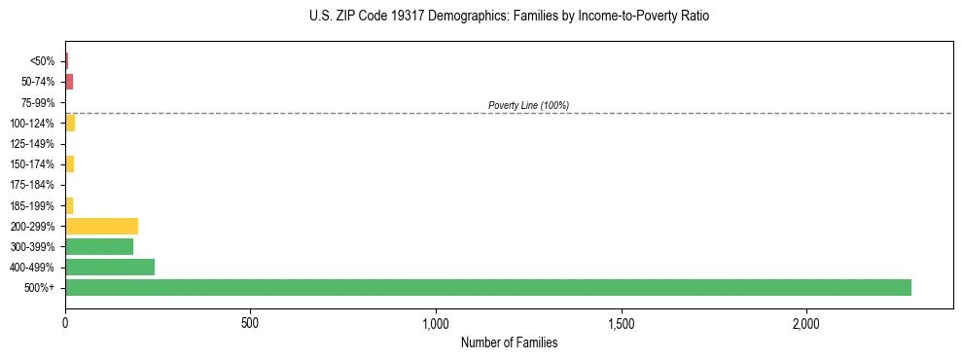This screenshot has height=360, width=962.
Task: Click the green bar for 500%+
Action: (488, 287)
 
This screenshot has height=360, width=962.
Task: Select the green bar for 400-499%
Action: (110, 267)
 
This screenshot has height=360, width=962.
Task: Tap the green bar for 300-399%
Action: (99, 246)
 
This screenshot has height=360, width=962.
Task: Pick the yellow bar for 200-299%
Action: (101, 226)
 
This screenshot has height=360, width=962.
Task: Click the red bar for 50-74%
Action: (69, 82)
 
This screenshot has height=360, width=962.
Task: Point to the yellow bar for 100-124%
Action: (70, 123)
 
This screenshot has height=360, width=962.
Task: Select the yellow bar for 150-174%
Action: (69, 164)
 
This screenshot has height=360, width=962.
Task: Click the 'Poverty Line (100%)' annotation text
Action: (528, 105)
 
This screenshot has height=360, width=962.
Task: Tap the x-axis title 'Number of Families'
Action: (510, 342)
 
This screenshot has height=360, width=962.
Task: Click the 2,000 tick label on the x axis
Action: (806, 322)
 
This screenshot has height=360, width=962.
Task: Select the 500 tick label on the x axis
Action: (250, 322)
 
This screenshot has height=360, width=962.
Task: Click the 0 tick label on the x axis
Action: (65, 322)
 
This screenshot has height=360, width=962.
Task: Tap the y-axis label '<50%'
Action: (43, 61)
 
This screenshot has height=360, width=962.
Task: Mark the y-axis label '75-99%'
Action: (38, 102)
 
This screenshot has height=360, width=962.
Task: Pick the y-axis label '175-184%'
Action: (33, 185)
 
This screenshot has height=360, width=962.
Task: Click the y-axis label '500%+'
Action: (40, 288)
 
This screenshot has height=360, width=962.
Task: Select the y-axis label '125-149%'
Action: (33, 144)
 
